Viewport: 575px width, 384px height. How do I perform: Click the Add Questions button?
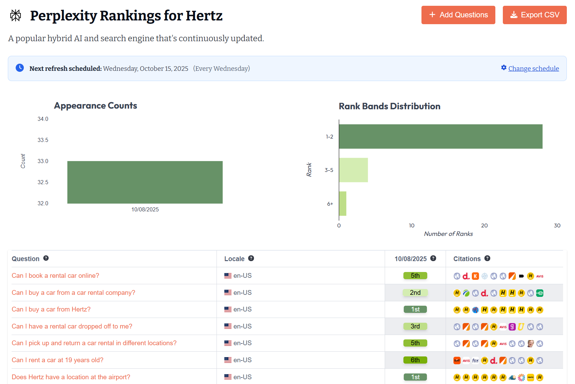[x=458, y=15]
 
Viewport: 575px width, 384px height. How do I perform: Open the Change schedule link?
[x=533, y=68]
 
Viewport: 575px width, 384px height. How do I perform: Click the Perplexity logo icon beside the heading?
[x=16, y=15]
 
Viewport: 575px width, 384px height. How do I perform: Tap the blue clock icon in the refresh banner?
[x=20, y=68]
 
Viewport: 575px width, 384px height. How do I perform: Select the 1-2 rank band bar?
[x=440, y=137]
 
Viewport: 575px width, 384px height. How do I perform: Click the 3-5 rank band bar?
[x=353, y=170]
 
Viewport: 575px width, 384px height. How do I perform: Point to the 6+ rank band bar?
[x=342, y=204]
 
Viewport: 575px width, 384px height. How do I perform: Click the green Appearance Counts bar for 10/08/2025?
[x=145, y=182]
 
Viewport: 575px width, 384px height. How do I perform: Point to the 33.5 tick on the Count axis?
[x=43, y=140]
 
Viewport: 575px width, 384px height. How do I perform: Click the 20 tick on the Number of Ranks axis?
[x=484, y=225]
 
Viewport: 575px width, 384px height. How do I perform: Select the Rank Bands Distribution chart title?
[x=389, y=106]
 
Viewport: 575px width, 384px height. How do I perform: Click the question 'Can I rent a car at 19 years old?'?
[x=58, y=360]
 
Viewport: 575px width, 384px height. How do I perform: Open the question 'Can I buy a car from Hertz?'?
[x=51, y=309]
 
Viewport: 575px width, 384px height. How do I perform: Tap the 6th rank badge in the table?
[x=415, y=360]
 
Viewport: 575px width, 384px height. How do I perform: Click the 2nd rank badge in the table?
[x=415, y=292]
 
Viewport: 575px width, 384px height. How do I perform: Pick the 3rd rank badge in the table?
[x=415, y=326]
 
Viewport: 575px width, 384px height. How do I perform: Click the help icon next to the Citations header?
[x=487, y=258]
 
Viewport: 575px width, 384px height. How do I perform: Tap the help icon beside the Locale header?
[x=251, y=258]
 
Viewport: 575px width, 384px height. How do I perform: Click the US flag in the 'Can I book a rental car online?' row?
[x=228, y=276]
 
